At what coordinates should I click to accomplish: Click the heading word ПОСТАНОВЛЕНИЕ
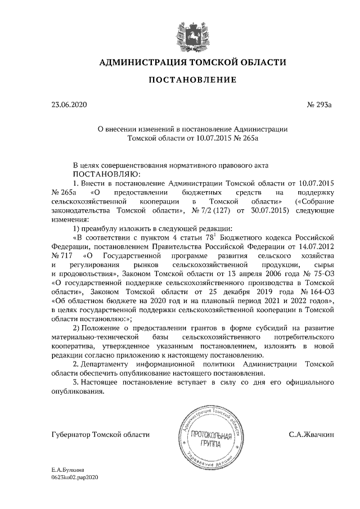(x=192, y=80)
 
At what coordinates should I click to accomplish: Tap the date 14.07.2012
(x=316, y=246)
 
